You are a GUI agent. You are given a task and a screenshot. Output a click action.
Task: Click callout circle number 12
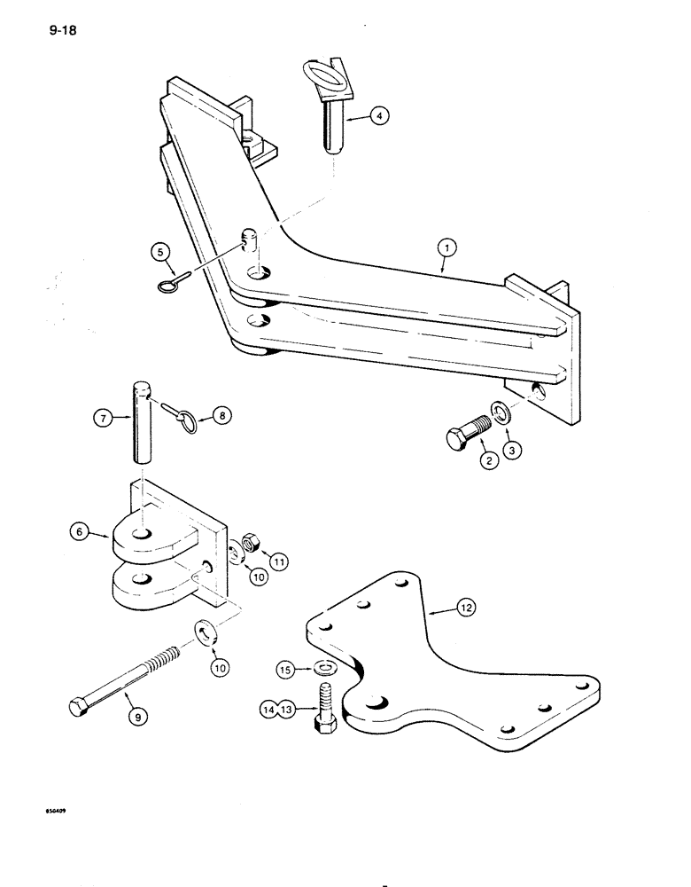[x=465, y=607]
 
